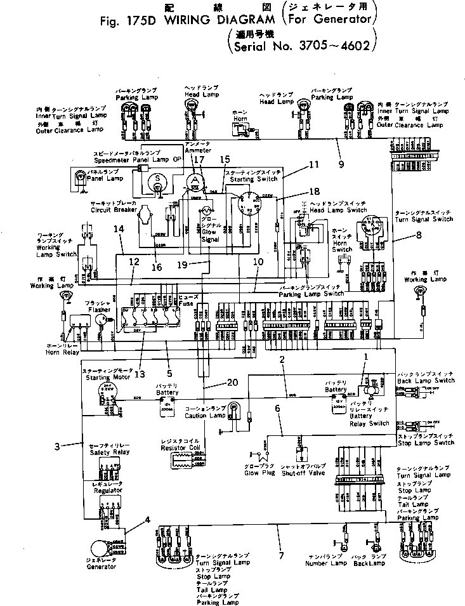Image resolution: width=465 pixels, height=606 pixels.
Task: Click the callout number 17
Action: click(199, 161)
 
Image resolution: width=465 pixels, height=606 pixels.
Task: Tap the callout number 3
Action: click(57, 446)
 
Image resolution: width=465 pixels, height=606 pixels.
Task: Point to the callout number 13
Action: click(140, 374)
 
